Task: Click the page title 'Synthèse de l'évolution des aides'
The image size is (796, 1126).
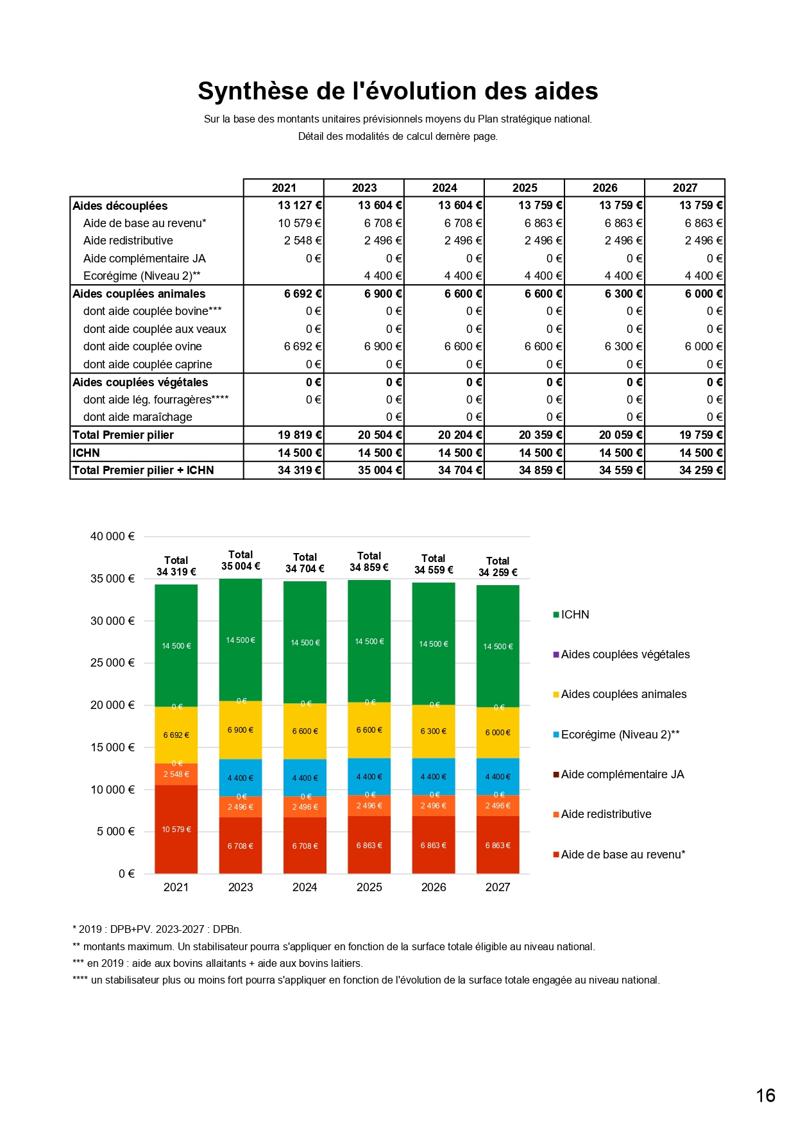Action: pyautogui.click(x=398, y=91)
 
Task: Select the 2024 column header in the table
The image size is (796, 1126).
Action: pyautogui.click(x=445, y=188)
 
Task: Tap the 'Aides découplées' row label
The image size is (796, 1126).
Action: pyautogui.click(x=120, y=206)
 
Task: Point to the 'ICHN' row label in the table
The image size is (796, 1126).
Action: pyautogui.click(x=87, y=453)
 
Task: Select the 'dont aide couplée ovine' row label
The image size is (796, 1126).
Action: pyautogui.click(x=142, y=346)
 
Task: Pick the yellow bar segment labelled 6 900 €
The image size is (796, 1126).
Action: pyautogui.click(x=241, y=730)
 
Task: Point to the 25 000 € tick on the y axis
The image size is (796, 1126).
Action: pyautogui.click(x=112, y=663)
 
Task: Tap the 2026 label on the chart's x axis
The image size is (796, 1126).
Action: pyautogui.click(x=434, y=887)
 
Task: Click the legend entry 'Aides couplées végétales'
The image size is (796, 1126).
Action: pyautogui.click(x=625, y=654)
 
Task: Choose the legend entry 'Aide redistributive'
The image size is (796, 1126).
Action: pyautogui.click(x=605, y=814)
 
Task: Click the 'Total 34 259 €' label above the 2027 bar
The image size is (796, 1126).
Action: pyautogui.click(x=498, y=567)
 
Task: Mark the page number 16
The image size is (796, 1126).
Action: pyautogui.click(x=765, y=1095)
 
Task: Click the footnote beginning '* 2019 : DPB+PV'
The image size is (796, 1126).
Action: pyautogui.click(x=157, y=929)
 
